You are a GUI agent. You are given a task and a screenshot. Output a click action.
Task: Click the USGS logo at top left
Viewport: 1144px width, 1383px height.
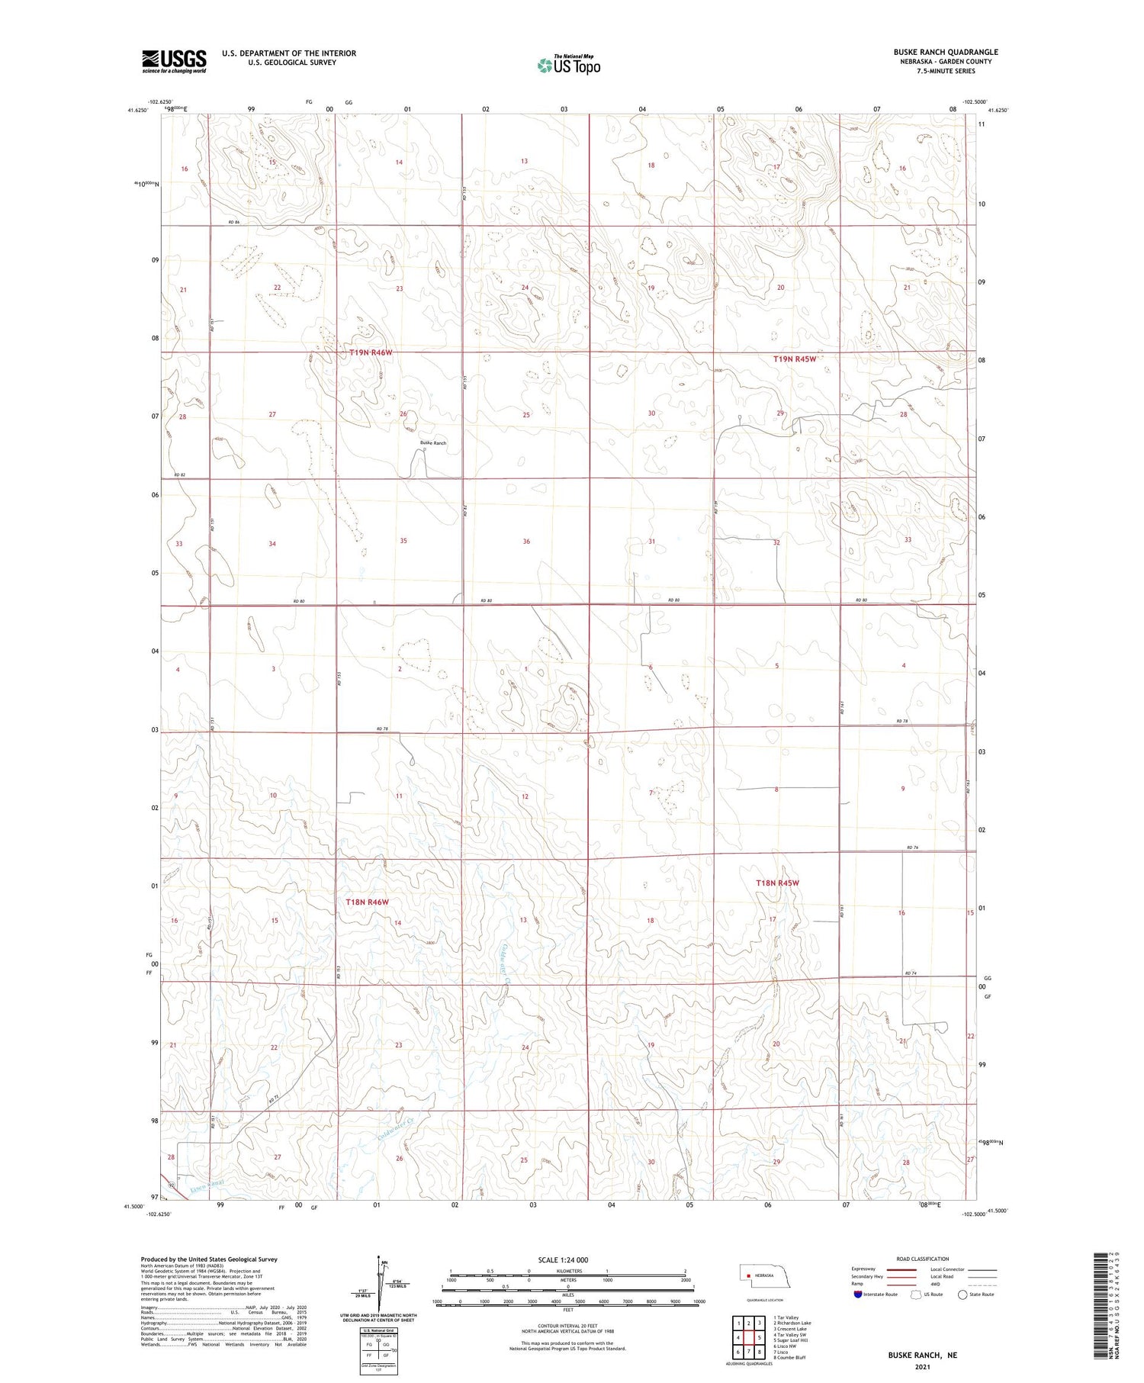pos(174,61)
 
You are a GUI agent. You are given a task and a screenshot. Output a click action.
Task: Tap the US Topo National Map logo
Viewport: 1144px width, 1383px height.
pos(569,65)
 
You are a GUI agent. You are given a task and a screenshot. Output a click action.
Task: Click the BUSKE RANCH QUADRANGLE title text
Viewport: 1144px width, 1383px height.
pos(946,52)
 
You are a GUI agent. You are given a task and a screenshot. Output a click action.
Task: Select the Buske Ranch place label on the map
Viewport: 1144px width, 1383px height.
pos(433,443)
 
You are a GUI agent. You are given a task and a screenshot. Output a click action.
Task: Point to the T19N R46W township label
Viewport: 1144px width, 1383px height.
pos(371,352)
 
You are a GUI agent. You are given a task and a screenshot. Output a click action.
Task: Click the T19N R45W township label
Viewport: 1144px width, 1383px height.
pos(795,359)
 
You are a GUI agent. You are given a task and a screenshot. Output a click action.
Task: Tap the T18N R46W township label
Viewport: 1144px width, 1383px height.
pos(368,902)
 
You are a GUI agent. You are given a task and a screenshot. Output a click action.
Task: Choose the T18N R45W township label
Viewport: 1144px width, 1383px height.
pos(777,883)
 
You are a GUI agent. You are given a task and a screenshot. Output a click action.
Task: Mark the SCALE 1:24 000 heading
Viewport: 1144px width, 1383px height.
pos(564,1259)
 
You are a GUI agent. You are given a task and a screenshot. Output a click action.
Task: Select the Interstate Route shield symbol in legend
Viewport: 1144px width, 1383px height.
pos(858,1294)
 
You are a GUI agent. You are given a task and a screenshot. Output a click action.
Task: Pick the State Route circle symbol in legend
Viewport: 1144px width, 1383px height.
pos(962,1294)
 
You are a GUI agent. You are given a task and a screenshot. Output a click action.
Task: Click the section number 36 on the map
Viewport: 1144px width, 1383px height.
pos(526,542)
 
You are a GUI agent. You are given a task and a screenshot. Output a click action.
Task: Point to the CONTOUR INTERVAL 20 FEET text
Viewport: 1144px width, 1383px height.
pos(567,1327)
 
